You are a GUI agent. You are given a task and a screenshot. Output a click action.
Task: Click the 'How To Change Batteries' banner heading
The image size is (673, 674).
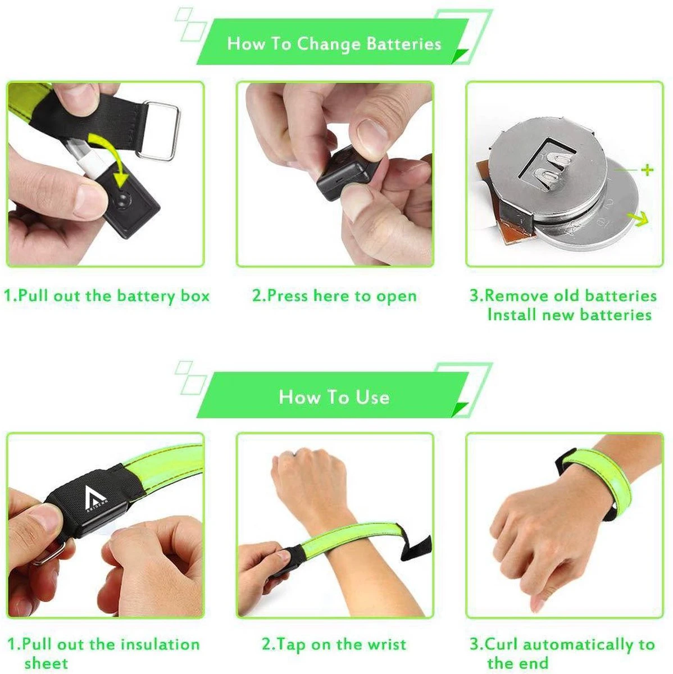(x=334, y=44)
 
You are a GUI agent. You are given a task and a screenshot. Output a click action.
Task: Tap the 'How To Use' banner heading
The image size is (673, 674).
(x=334, y=397)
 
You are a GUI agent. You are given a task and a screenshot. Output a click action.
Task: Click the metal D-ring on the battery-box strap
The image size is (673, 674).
(x=161, y=130)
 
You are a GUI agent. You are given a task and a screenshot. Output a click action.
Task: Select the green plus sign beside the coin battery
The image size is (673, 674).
(x=647, y=169)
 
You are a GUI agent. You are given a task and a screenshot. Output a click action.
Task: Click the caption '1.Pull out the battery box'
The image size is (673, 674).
(x=106, y=296)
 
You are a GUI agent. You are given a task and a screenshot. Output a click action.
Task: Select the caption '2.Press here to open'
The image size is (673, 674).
(x=334, y=296)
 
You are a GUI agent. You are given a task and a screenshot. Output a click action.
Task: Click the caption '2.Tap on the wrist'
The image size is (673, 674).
(x=334, y=644)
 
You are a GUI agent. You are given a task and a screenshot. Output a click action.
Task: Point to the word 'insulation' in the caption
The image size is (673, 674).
(x=160, y=644)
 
